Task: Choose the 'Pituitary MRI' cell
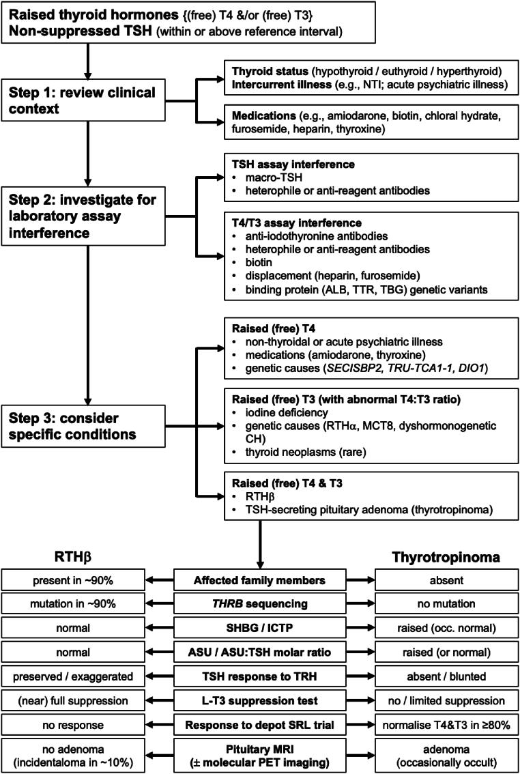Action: coord(259,752)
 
